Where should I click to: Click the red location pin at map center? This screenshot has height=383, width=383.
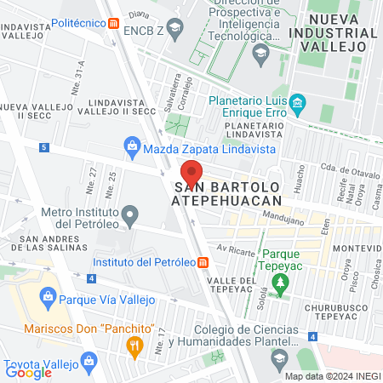[x=191, y=170]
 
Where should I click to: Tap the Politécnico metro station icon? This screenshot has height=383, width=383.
[x=113, y=23]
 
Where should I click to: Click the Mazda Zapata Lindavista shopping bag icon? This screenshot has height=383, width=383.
[x=132, y=148]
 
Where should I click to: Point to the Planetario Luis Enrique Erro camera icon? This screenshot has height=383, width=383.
[x=297, y=106]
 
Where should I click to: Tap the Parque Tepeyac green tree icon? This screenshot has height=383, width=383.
[x=286, y=278]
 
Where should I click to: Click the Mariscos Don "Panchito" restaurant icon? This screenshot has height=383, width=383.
[x=133, y=345]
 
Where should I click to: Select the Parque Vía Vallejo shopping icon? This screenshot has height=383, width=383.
[x=47, y=299]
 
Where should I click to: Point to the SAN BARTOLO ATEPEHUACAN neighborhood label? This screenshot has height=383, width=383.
[x=227, y=192]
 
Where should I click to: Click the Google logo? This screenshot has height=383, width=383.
[x=28, y=372]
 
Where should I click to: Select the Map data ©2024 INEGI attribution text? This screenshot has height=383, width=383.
[x=332, y=376]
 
